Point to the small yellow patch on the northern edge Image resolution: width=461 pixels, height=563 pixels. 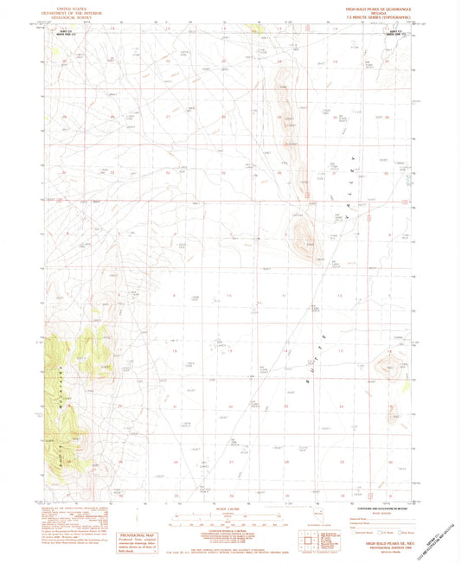pos(257,29)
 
